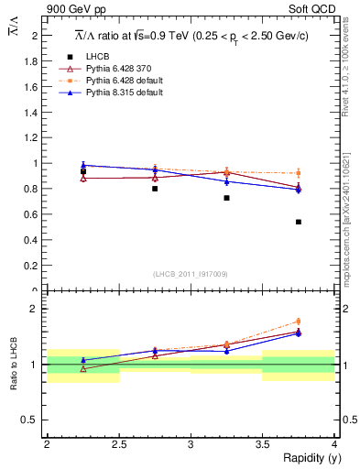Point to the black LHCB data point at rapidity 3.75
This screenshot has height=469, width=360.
tap(299, 222)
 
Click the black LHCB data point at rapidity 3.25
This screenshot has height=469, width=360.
tap(226, 198)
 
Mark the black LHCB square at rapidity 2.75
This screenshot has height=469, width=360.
tap(155, 189)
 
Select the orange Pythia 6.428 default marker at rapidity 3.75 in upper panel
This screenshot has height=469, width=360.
tap(299, 173)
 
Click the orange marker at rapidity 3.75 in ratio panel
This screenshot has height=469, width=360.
tap(299, 322)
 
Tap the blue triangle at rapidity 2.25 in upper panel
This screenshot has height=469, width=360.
tap(83, 166)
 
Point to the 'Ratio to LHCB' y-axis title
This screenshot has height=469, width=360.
tap(14, 365)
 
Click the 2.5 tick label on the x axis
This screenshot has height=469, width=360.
tap(118, 443)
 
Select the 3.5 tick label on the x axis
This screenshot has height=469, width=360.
tap(262, 443)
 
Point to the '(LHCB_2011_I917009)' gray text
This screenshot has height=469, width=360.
tap(190, 273)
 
